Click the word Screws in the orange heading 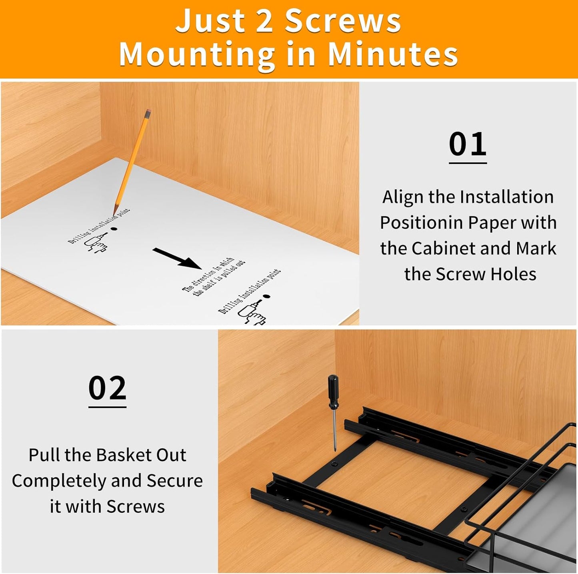342,21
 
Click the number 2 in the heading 264,21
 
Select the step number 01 467,144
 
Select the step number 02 107,388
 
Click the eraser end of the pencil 148,114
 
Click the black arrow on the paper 177,258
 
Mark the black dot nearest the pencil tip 114,229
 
